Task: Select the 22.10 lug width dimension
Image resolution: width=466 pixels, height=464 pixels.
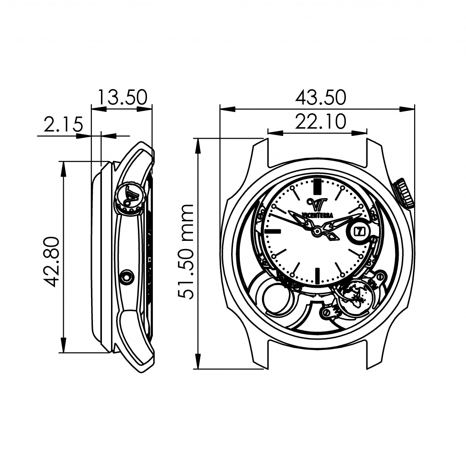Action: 321,121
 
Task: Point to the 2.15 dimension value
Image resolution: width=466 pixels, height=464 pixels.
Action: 63,124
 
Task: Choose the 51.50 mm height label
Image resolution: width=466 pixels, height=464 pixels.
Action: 186,251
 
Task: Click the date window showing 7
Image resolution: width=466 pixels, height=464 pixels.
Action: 357,231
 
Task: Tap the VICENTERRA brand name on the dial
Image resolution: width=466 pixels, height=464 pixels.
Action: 317,215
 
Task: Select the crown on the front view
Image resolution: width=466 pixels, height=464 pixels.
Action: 402,193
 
